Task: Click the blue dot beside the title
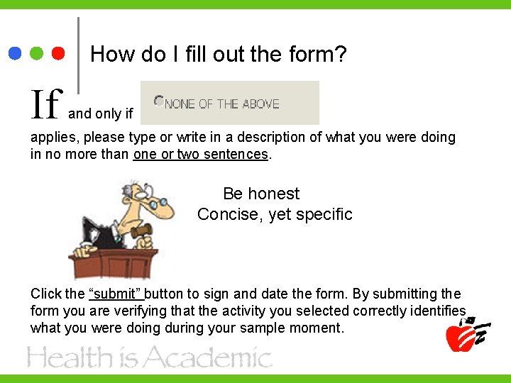[x=16, y=53]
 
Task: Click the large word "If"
[x=45, y=105]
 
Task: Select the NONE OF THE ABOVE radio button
[x=158, y=102]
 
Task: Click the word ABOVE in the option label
[x=260, y=104]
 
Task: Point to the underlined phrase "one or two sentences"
[x=201, y=154]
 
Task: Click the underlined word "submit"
[x=116, y=294]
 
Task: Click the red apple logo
[x=461, y=335]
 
